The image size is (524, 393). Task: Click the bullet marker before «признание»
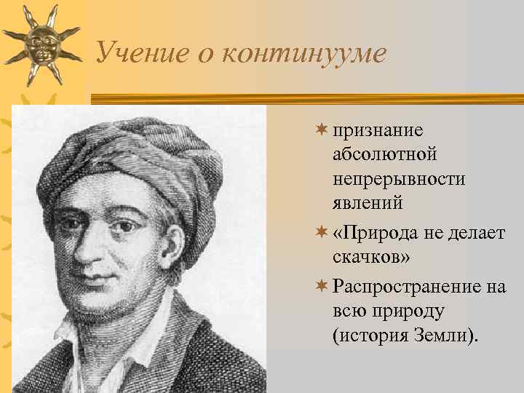(321, 130)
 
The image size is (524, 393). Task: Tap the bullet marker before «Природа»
(321, 232)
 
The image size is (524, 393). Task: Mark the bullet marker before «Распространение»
(321, 286)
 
